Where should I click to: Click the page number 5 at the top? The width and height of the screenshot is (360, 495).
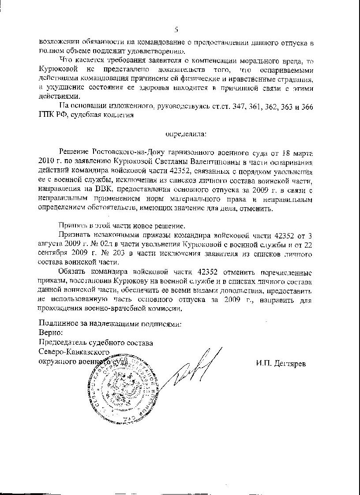(176, 30)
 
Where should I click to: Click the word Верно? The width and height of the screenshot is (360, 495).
(51, 332)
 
